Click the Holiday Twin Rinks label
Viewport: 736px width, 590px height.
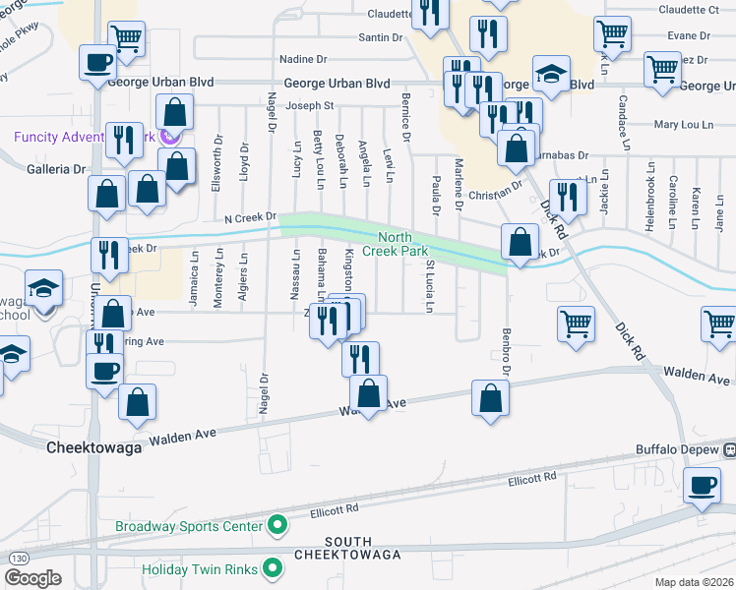tap(200, 568)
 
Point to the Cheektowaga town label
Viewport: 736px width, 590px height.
tap(95, 446)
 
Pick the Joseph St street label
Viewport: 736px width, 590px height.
tap(310, 106)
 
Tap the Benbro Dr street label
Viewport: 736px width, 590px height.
tap(507, 352)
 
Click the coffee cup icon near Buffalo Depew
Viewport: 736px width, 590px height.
tap(703, 485)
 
